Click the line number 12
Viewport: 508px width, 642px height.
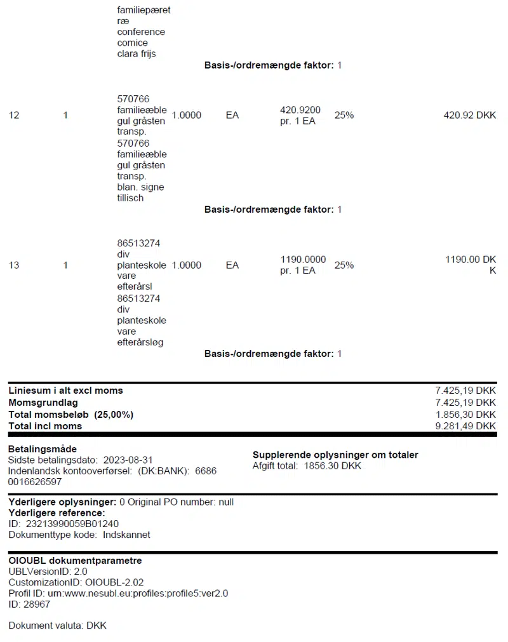[x=14, y=116]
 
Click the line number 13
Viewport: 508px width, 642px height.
[x=14, y=265]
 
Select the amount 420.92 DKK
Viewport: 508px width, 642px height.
[x=469, y=116]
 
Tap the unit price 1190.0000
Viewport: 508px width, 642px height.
[x=303, y=260]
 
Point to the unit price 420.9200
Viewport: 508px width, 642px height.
[x=300, y=110]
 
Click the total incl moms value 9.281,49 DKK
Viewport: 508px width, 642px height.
[x=465, y=426]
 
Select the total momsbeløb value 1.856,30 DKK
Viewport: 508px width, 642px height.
[x=465, y=415]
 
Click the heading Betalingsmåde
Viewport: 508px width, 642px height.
[x=42, y=449]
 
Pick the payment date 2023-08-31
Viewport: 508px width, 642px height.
[x=127, y=460]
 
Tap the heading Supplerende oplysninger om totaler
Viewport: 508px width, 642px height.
[x=335, y=455]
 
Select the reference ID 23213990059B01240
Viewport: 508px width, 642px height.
[x=72, y=524]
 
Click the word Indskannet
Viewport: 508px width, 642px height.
[x=127, y=535]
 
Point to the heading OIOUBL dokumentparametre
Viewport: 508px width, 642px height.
[x=75, y=561]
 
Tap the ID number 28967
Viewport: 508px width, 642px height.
[x=37, y=605]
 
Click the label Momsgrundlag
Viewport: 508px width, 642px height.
[x=43, y=403]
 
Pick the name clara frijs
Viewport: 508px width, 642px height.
[x=137, y=54]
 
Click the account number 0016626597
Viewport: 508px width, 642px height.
[x=35, y=482]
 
